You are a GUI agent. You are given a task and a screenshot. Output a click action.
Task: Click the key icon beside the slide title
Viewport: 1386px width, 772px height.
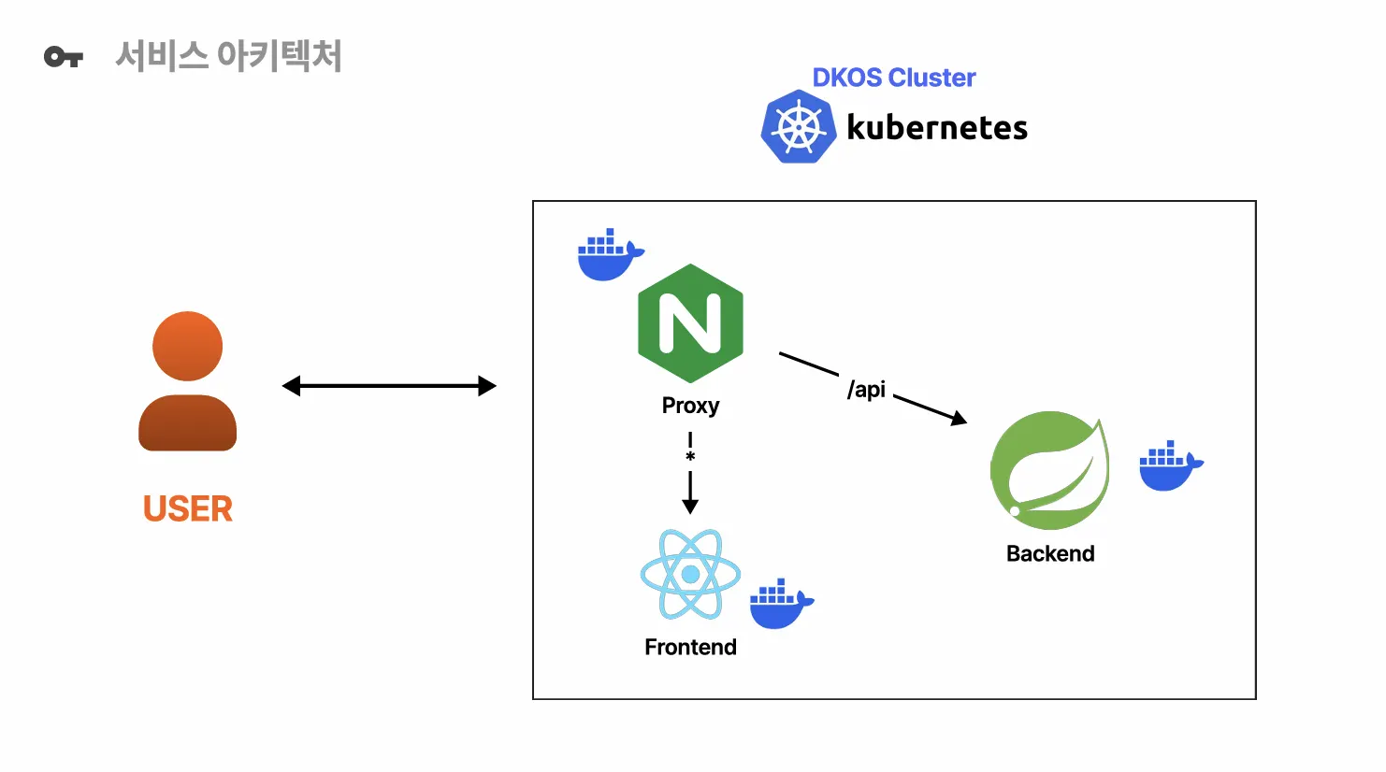pos(63,58)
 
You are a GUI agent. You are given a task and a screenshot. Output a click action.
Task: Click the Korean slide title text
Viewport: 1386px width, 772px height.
pos(228,56)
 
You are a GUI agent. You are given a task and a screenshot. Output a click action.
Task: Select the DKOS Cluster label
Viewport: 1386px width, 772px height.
pos(893,78)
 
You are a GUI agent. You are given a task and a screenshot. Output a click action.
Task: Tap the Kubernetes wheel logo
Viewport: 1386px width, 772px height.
pos(798,127)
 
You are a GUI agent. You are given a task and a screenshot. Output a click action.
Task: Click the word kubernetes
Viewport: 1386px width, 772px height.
pos(936,128)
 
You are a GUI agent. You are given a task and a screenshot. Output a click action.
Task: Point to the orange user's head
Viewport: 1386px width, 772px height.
pos(188,346)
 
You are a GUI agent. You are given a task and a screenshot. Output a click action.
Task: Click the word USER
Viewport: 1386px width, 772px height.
pos(188,509)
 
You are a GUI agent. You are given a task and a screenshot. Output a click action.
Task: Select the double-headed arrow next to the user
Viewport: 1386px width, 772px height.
pos(389,386)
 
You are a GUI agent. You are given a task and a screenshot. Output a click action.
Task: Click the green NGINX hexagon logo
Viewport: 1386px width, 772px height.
pos(690,323)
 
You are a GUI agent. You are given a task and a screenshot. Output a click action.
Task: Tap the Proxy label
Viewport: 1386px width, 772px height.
pos(690,406)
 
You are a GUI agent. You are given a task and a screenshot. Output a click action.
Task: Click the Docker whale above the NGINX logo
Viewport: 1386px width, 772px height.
pos(609,254)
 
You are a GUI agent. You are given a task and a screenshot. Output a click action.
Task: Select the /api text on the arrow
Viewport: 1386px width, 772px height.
pos(866,389)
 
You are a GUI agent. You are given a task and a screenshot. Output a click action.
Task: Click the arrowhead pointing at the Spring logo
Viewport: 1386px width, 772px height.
pos(959,419)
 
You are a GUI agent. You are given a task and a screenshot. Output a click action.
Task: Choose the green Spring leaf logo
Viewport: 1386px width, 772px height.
pos(1049,470)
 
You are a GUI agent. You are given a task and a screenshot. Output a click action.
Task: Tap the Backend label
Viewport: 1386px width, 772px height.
pos(1050,554)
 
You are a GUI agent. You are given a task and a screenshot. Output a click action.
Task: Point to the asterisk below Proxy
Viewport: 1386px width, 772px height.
pos(690,457)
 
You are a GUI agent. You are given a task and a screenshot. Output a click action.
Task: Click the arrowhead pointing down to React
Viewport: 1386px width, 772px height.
pos(690,506)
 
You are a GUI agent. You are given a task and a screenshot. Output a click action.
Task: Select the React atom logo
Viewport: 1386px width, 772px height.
pos(690,575)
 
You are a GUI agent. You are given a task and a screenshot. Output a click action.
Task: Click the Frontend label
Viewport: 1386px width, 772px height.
pos(690,648)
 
